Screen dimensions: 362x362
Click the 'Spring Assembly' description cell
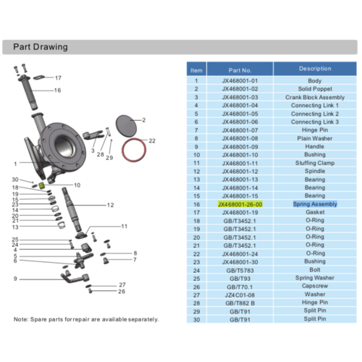point(314,205)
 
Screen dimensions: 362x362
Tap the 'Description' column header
point(314,69)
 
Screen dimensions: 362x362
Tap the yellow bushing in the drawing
point(41,186)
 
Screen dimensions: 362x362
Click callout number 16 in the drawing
point(57,90)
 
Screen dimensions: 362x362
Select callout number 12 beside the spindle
point(110,206)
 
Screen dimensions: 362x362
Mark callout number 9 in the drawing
point(14,278)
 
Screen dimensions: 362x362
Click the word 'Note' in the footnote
point(20,319)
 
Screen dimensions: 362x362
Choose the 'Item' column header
point(196,70)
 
